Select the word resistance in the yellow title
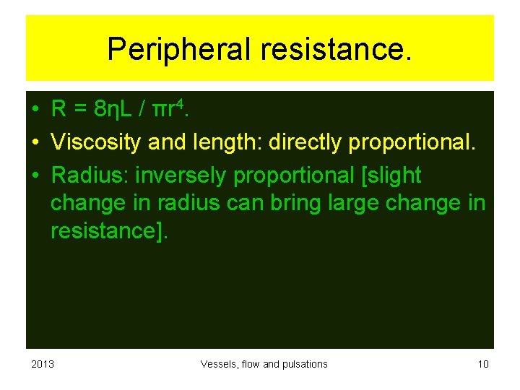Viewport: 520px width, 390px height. tap(335, 50)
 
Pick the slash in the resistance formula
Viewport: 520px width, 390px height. tap(142, 110)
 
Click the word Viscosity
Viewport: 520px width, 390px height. tap(96, 142)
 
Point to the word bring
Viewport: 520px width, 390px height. tap(297, 204)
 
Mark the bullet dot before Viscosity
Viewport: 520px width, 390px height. tap(35, 143)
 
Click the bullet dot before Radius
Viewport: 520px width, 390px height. tap(35, 175)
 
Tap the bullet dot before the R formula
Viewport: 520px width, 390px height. tap(35, 110)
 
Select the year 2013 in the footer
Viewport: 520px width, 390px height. tap(43, 364)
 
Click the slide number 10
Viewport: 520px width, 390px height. tap(483, 364)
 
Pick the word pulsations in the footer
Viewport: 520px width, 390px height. tap(304, 364)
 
